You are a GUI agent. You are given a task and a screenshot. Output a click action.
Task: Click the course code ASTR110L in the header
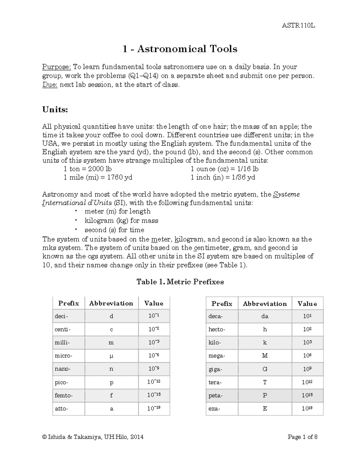point(298,26)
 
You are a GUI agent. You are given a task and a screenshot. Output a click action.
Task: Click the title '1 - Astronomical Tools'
point(180,49)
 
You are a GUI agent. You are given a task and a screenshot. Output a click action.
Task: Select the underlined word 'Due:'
point(50,85)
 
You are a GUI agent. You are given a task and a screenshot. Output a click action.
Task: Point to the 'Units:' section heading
point(55,110)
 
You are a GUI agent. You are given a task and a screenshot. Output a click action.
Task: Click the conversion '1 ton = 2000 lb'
point(88,169)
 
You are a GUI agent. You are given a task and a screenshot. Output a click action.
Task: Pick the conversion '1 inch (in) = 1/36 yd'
point(223,177)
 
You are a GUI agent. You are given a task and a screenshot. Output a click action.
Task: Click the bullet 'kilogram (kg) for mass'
point(121,221)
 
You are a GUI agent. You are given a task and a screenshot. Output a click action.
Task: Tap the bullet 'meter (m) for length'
point(117,211)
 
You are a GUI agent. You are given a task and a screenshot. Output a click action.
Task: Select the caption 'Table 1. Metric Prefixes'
point(180,282)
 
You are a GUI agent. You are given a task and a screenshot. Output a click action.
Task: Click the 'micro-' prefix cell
point(64,356)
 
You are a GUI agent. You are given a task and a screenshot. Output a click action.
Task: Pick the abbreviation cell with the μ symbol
point(111,356)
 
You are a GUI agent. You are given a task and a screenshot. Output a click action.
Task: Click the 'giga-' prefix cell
point(215,369)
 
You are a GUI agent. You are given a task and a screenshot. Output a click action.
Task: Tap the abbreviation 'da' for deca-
point(265,316)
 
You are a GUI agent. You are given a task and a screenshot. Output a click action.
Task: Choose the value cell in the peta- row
point(307,395)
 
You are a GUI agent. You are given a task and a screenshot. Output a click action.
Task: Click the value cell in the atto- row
point(154,409)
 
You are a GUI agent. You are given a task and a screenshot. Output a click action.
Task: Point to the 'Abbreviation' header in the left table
point(111,303)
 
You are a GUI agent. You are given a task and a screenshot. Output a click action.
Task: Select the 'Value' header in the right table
point(307,304)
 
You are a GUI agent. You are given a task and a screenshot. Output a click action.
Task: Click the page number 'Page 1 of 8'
point(302,437)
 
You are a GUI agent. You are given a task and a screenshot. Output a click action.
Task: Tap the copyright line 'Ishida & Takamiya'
point(93,437)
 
